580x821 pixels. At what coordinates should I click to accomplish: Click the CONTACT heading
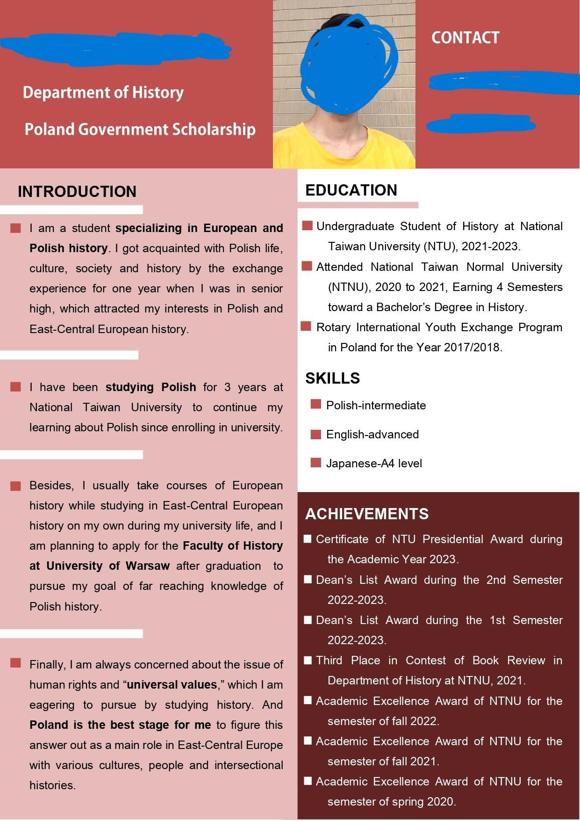(465, 38)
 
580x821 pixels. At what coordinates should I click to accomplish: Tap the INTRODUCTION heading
(77, 192)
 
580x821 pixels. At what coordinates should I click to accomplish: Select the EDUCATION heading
(351, 190)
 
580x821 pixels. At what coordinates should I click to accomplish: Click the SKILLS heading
(332, 378)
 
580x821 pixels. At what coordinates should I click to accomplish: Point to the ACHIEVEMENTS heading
(367, 514)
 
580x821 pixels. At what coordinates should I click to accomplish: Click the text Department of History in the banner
(103, 93)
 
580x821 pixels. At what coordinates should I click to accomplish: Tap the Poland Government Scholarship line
(140, 129)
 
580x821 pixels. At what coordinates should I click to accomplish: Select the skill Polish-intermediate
(376, 406)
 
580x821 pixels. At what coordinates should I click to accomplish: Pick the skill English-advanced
(372, 435)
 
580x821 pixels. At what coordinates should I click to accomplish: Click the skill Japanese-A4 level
(374, 464)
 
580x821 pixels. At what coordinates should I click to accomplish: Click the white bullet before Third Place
(308, 660)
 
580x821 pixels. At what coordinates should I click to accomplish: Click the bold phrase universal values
(172, 685)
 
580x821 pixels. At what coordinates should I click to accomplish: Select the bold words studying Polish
(150, 387)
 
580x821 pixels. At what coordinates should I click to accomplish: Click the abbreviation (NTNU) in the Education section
(347, 287)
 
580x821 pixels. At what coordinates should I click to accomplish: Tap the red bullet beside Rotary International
(306, 327)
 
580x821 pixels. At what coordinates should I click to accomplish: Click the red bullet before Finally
(16, 663)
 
